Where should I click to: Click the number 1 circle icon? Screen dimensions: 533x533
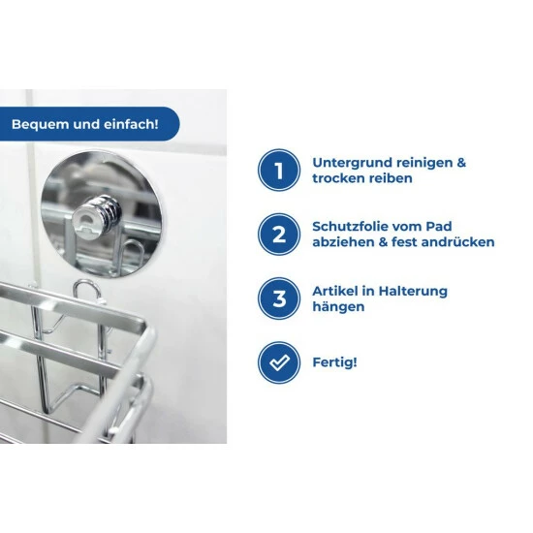[279, 170]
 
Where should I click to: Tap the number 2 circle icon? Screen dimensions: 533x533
[279, 235]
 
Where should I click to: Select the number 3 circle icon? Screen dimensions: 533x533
[279, 298]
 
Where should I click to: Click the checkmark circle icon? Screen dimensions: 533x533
[279, 362]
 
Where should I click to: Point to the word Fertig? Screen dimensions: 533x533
[335, 362]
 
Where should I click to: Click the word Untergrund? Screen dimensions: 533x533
[352, 163]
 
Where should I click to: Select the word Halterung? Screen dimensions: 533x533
[413, 292]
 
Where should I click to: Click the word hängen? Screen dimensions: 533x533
[338, 307]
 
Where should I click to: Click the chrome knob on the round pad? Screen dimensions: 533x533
[98, 214]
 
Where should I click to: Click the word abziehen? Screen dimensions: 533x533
[345, 242]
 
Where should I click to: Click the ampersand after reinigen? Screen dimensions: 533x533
[461, 163]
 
